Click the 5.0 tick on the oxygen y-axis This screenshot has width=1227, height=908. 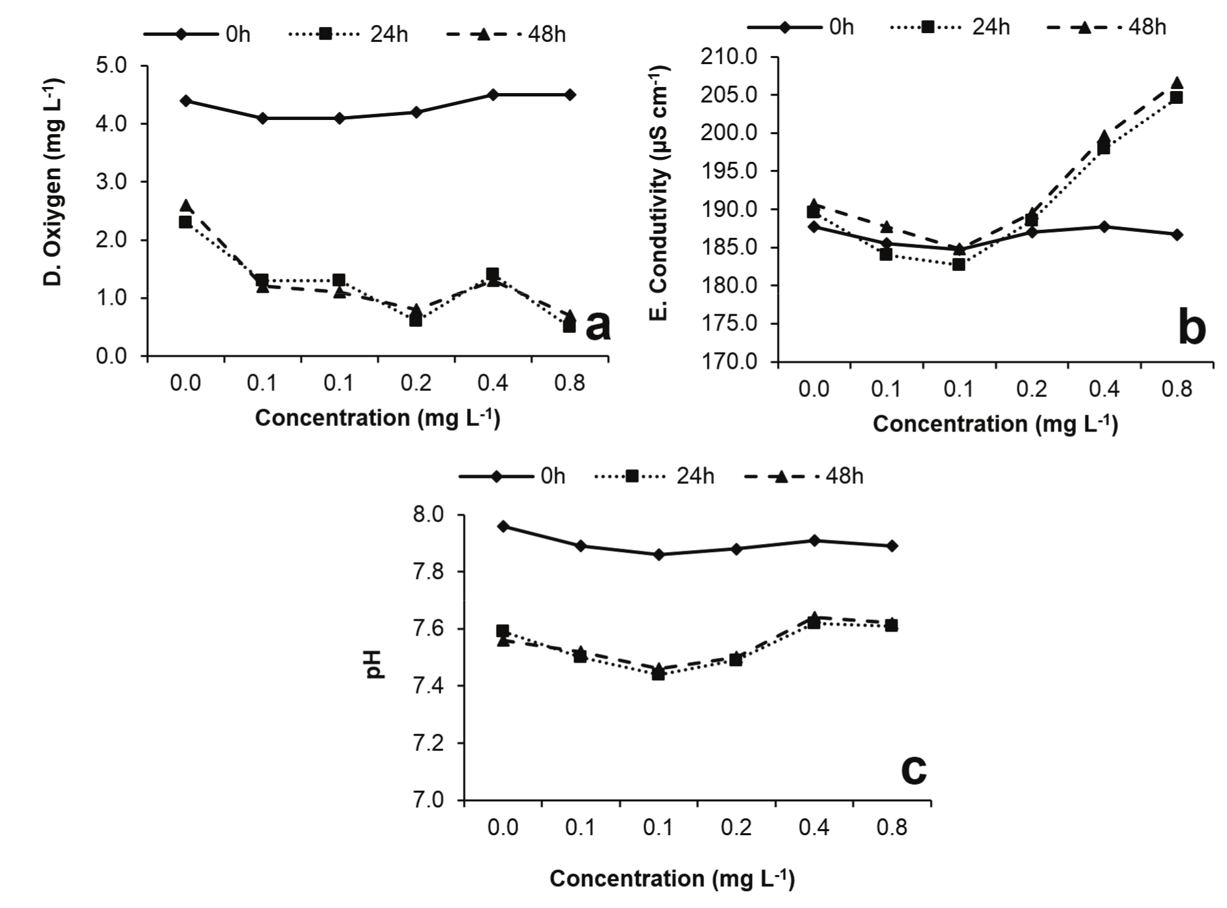(x=111, y=66)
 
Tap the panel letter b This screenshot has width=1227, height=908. (x=1191, y=328)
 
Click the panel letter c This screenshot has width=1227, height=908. (x=913, y=768)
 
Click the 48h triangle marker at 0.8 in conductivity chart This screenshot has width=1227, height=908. (x=1176, y=84)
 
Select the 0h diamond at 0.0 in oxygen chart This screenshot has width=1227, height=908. (x=186, y=101)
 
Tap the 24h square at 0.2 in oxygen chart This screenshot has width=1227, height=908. (x=416, y=320)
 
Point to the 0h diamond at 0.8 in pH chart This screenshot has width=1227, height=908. (x=891, y=546)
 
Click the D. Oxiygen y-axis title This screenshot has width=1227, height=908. (x=52, y=182)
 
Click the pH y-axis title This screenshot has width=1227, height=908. (x=375, y=664)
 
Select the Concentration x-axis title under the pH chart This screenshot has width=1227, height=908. (x=672, y=878)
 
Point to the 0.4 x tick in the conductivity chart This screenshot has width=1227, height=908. (x=1104, y=389)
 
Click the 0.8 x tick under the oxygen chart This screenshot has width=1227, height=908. (x=569, y=384)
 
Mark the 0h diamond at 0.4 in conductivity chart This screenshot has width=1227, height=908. (x=1104, y=227)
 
